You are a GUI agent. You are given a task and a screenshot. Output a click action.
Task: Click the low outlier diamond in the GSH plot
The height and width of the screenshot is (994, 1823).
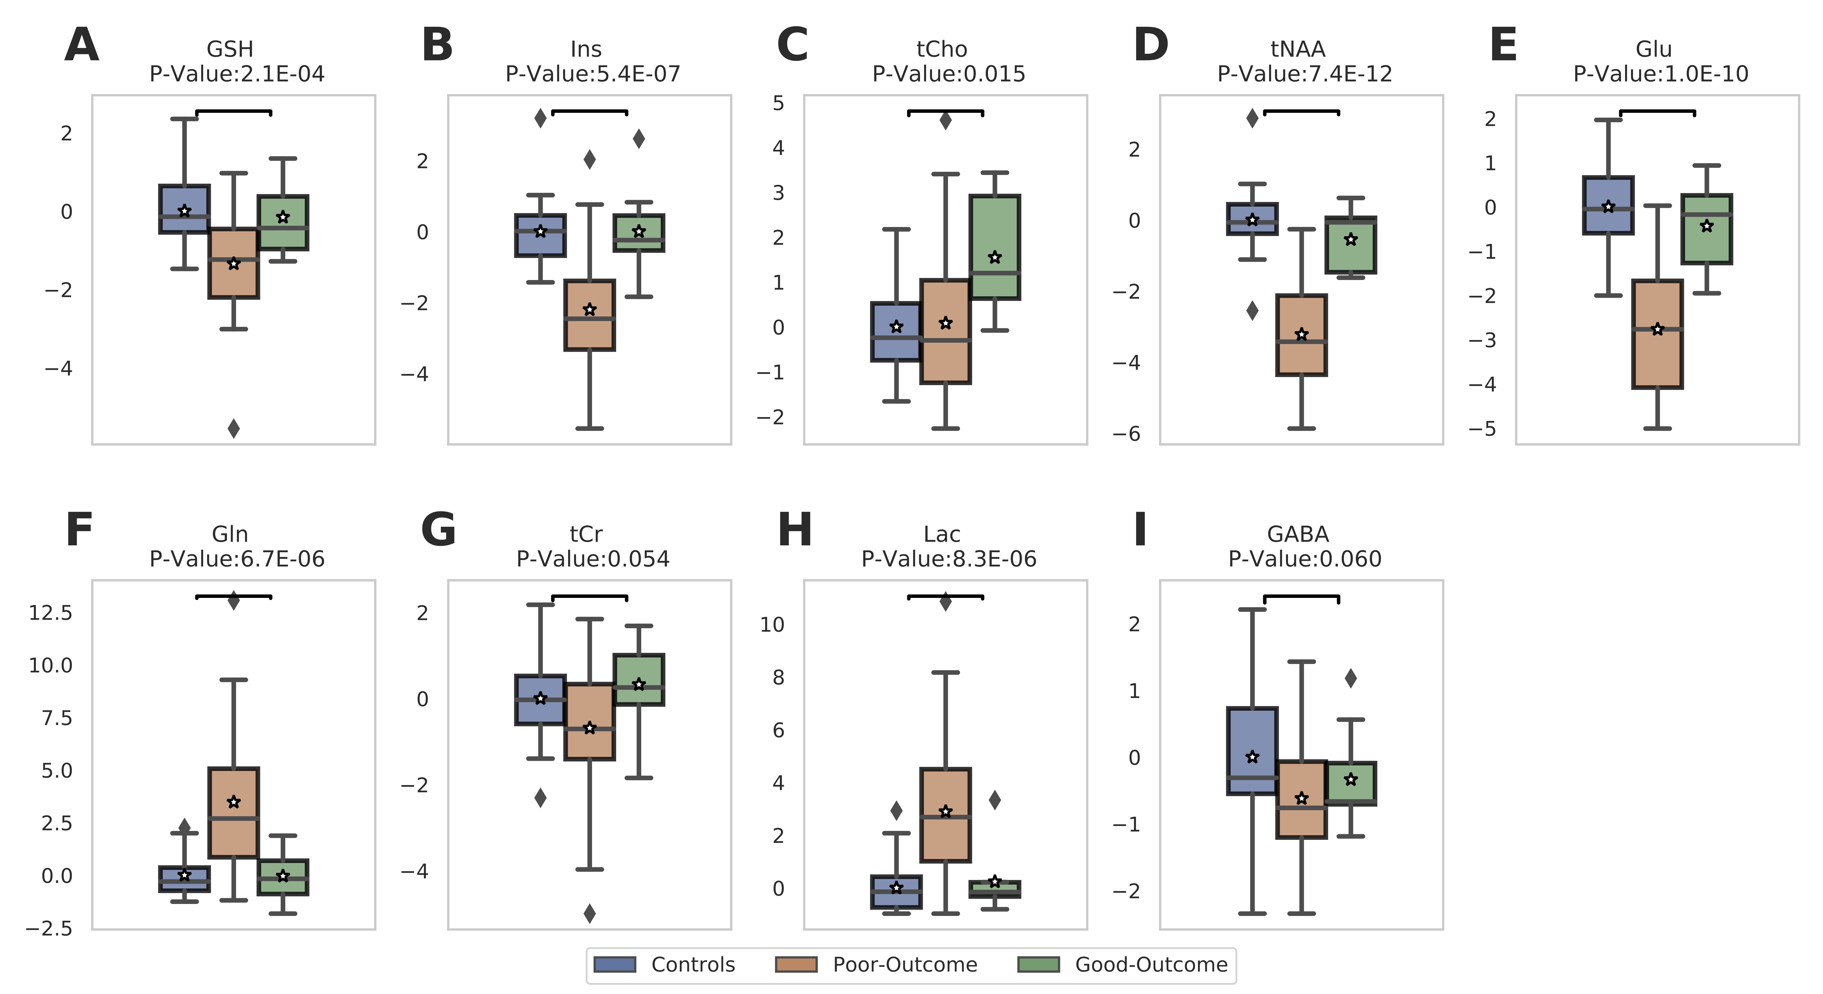[234, 428]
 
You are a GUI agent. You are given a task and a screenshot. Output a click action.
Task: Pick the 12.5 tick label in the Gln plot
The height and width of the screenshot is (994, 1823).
[50, 613]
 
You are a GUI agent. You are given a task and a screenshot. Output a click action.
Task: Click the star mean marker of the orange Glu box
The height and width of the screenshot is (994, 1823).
[1657, 329]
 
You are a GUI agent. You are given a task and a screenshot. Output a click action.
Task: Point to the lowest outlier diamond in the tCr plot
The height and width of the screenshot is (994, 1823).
[589, 913]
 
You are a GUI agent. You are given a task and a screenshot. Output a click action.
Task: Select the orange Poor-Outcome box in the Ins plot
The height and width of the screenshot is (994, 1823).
[589, 315]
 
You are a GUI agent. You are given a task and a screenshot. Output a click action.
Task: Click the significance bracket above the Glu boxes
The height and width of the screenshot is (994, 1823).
[1657, 111]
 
